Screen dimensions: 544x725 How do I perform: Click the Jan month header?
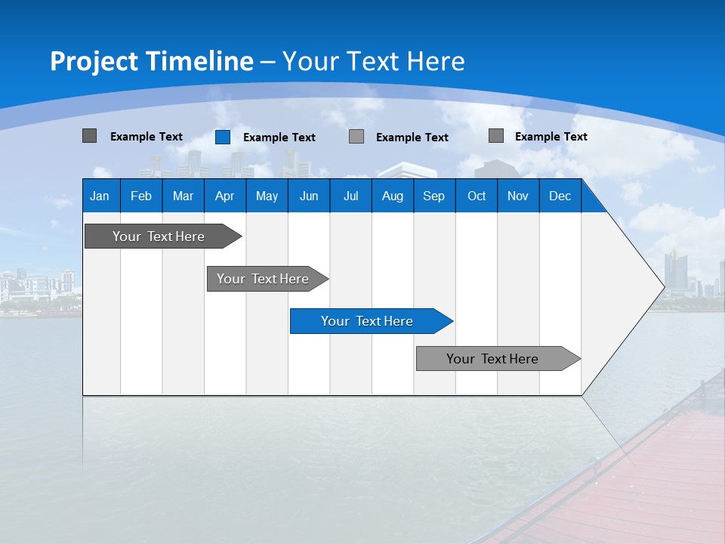click(100, 196)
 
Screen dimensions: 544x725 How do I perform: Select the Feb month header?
click(141, 196)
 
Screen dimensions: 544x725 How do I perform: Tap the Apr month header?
click(225, 196)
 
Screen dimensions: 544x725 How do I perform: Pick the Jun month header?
click(309, 196)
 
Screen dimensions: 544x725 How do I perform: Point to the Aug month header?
click(393, 196)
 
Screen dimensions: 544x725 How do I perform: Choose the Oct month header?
click(477, 196)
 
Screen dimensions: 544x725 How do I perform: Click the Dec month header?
click(560, 196)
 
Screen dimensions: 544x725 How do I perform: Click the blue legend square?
click(223, 137)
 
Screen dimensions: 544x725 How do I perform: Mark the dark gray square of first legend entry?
click(89, 136)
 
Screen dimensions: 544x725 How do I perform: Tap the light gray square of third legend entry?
click(356, 137)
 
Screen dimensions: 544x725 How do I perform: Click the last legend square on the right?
click(496, 136)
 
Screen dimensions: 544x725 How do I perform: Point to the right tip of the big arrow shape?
click(663, 287)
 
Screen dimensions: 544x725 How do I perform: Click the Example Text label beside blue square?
click(279, 138)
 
